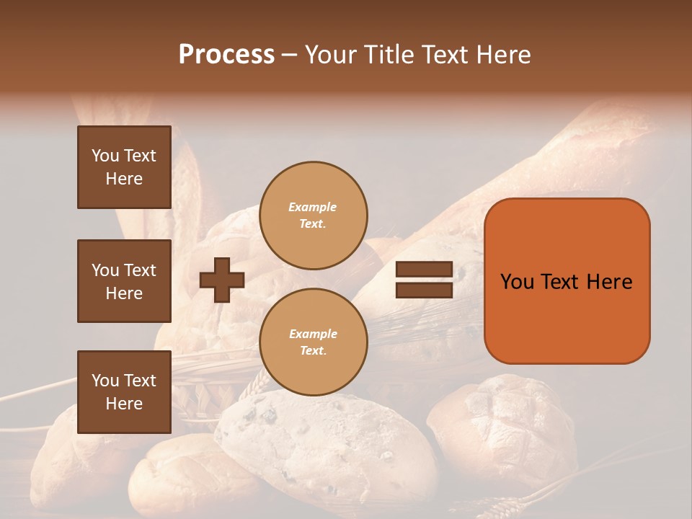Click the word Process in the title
tap(226, 55)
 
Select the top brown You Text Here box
tap(124, 167)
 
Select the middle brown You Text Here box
tap(124, 281)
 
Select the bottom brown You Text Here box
tap(124, 392)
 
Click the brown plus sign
tap(222, 280)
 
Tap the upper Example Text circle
tap(313, 216)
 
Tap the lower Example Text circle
tap(313, 342)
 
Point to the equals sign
tap(424, 280)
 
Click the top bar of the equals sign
tap(424, 270)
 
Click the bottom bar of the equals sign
tap(424, 290)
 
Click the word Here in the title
tap(505, 55)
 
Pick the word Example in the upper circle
tap(313, 207)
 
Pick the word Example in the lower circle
tap(313, 334)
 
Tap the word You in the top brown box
tap(105, 156)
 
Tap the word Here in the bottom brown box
tap(124, 404)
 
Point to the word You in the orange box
tap(517, 282)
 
